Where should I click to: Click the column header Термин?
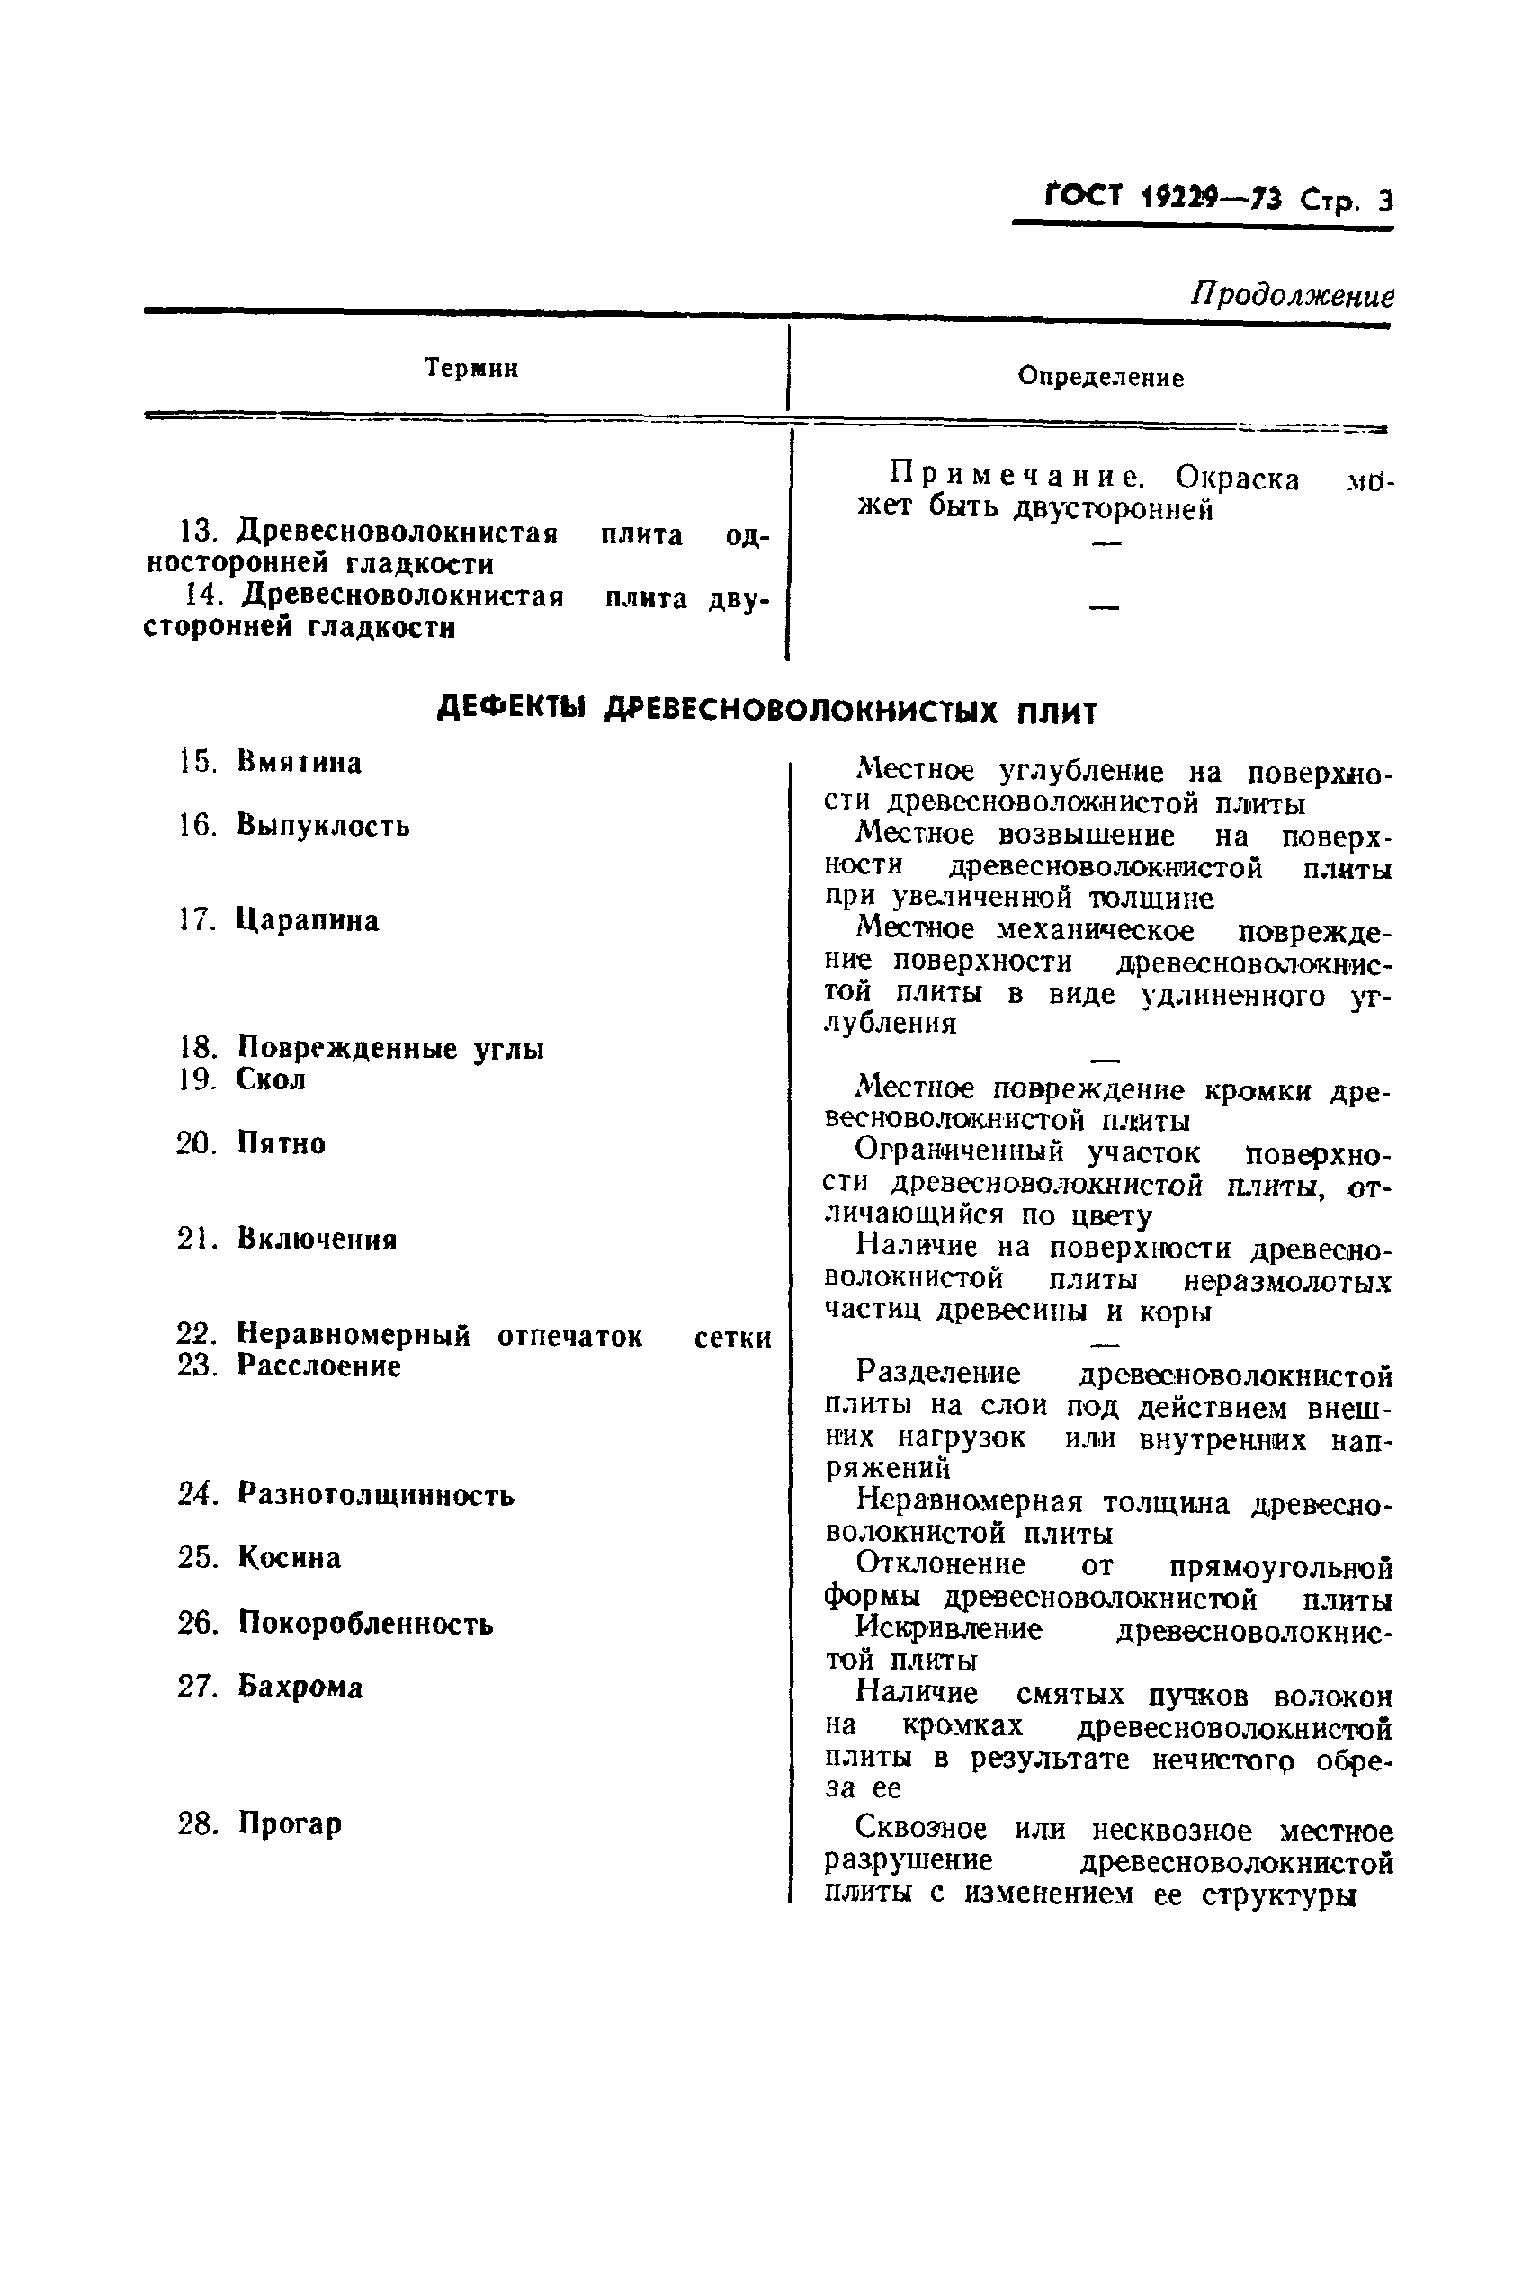[x=470, y=368]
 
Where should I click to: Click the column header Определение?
[x=1100, y=377]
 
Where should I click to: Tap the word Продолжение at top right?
[x=1292, y=293]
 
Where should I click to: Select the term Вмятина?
[x=299, y=763]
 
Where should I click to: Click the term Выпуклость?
[x=323, y=826]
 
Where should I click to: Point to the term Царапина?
[x=308, y=920]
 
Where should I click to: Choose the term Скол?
[x=271, y=1079]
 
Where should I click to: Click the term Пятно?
[x=281, y=1143]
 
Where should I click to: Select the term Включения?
[x=317, y=1240]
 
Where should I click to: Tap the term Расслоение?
[x=318, y=1366]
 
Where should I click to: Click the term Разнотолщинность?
[x=375, y=1494]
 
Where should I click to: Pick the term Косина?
[x=289, y=1557]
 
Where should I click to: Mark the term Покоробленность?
[x=364, y=1623]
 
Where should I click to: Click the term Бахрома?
[x=300, y=1687]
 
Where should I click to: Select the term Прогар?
[x=290, y=1823]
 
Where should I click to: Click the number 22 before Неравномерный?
[x=195, y=1334]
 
